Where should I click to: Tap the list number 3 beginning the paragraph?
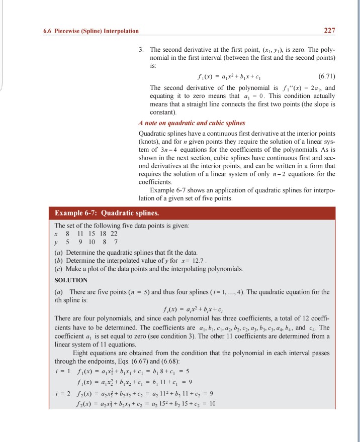[141, 51]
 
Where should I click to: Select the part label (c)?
[58, 269]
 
